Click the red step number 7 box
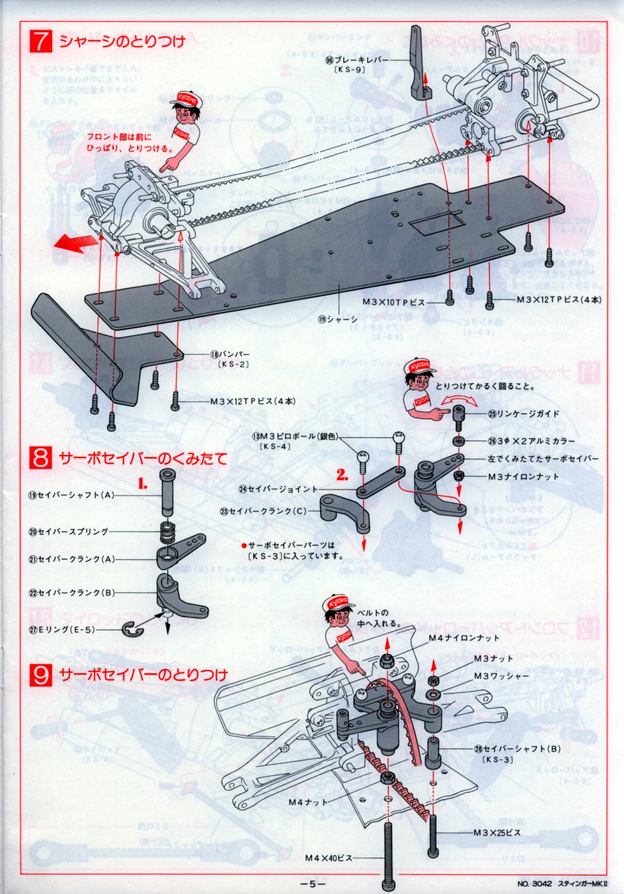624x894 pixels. click(41, 41)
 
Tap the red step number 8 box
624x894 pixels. click(41, 457)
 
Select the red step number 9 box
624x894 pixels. click(41, 674)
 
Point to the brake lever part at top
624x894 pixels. click(417, 64)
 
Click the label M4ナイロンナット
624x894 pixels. click(464, 638)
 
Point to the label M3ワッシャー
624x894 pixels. click(501, 676)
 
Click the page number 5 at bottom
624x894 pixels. click(312, 884)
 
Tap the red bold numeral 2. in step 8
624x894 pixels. click(343, 476)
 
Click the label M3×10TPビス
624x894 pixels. click(393, 302)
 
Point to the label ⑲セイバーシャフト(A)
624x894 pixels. click(72, 495)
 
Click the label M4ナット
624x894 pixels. click(308, 803)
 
